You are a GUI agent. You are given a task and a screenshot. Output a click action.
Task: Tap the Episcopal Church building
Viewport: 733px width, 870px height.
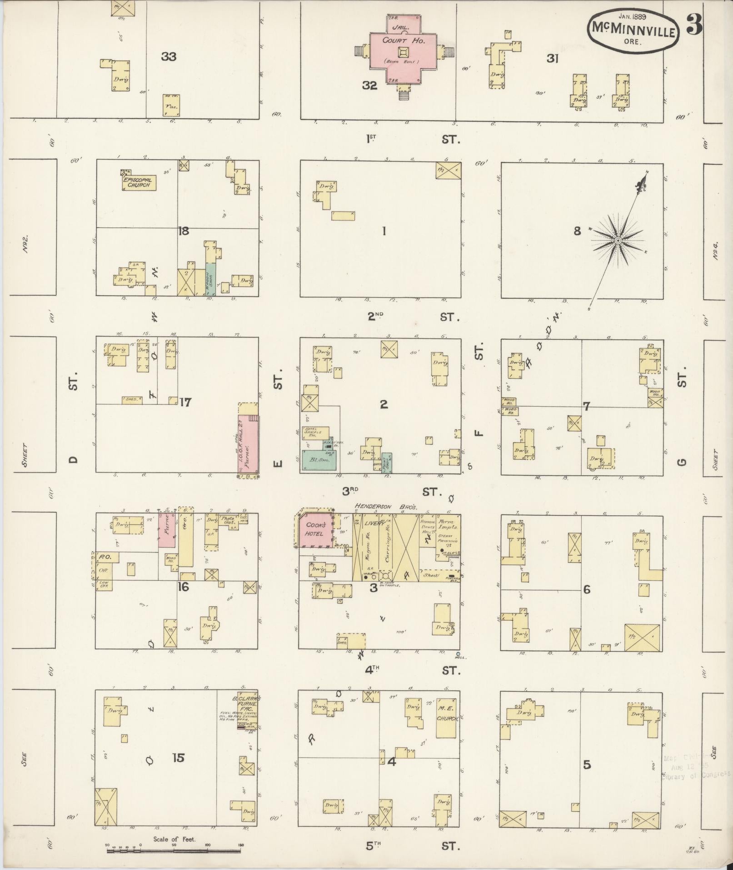tap(138, 182)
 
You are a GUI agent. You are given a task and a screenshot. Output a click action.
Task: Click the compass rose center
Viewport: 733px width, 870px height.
tap(618, 240)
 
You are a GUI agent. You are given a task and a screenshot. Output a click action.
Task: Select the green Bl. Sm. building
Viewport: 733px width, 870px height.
tap(319, 461)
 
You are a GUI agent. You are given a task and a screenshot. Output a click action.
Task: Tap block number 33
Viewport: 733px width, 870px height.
tap(169, 57)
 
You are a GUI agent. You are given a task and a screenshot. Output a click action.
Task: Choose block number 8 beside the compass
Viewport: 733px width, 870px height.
tap(577, 231)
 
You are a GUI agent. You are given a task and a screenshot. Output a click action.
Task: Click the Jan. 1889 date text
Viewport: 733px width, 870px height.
tap(633, 16)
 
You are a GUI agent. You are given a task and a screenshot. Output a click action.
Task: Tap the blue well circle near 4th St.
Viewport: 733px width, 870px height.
tap(458, 654)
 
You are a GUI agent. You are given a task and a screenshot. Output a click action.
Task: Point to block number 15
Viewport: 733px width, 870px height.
tap(179, 758)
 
